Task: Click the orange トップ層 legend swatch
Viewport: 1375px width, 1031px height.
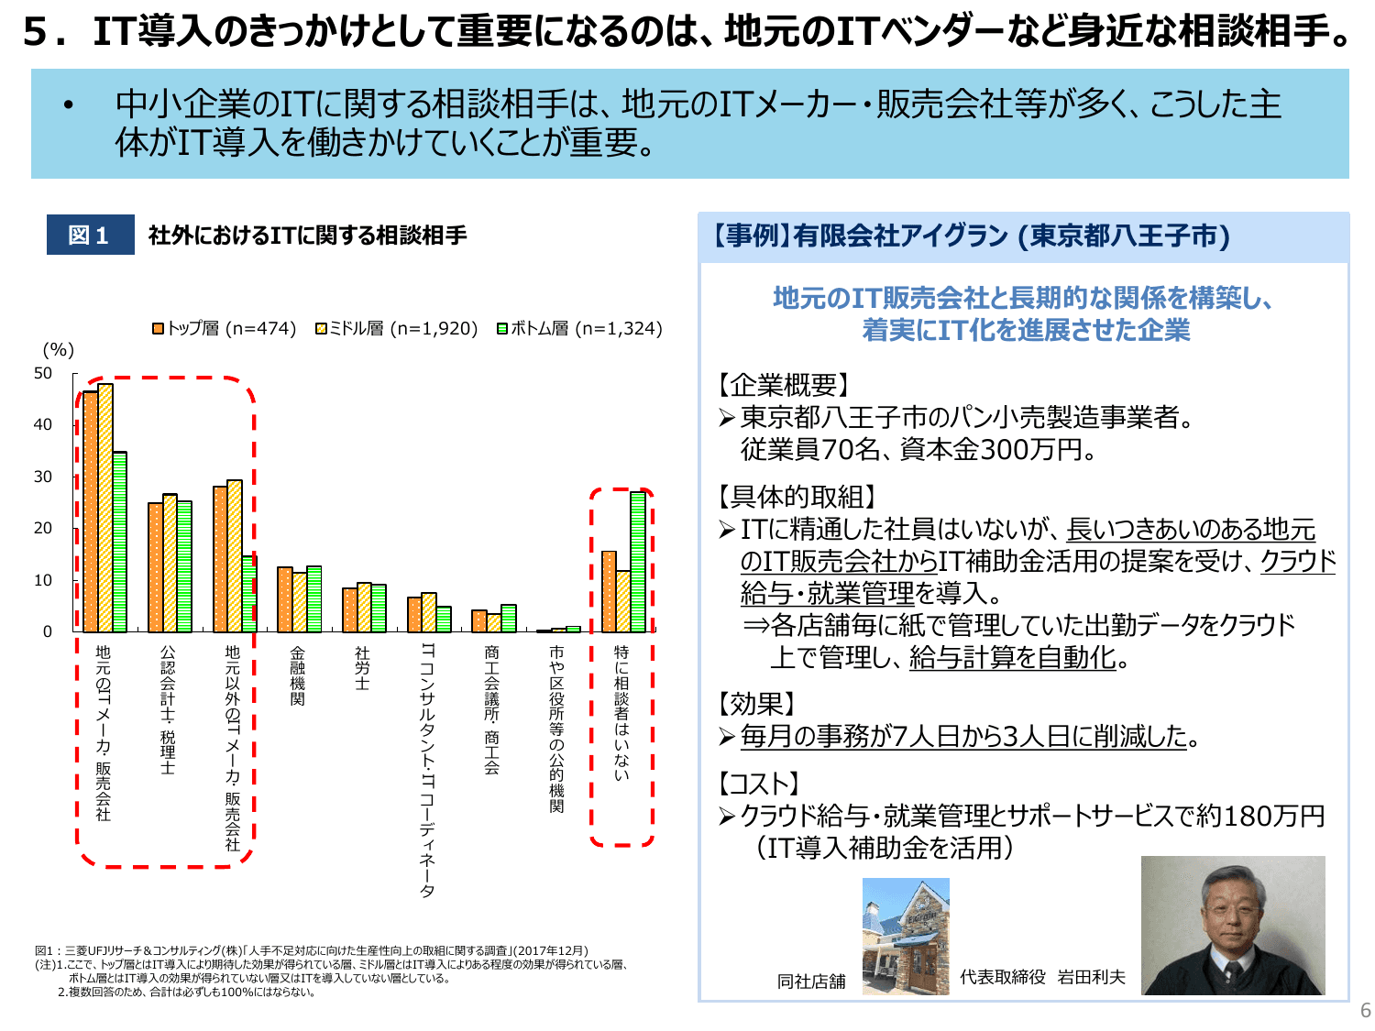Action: click(159, 328)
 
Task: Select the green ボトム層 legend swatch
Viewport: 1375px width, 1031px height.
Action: click(502, 328)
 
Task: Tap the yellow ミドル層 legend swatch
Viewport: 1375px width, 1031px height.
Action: click(322, 328)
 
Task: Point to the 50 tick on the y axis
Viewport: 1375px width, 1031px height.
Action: click(43, 373)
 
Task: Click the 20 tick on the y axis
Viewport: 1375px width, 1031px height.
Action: click(43, 528)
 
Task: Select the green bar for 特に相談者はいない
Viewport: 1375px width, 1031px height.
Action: click(637, 562)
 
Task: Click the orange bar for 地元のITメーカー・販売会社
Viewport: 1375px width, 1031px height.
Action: click(91, 511)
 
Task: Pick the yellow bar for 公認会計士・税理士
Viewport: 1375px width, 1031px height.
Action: click(170, 563)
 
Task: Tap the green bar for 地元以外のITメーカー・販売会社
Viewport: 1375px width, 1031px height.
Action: click(249, 594)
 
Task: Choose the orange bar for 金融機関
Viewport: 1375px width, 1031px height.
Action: click(285, 599)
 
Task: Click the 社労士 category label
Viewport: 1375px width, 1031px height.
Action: click(362, 668)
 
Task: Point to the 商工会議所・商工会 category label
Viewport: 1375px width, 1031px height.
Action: click(492, 709)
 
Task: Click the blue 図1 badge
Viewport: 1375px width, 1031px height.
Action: click(90, 235)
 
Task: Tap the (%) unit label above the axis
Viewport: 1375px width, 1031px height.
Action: click(59, 349)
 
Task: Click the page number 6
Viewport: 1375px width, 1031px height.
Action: click(1365, 1010)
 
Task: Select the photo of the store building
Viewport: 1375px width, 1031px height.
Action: click(906, 936)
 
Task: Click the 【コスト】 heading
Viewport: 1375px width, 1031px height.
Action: click(759, 784)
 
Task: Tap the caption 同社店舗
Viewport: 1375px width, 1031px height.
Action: click(811, 982)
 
